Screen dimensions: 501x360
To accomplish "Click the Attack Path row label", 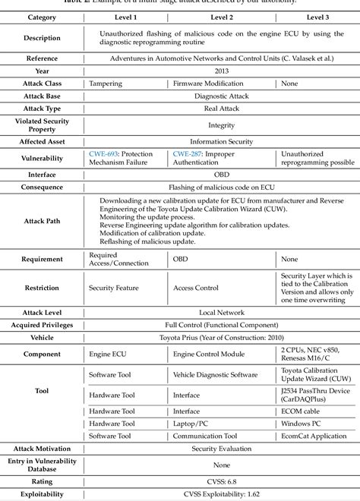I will pos(42,221).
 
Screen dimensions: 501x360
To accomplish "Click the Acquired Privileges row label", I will pos(42,324).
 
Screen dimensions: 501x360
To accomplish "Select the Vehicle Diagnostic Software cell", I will pos(216,373).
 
